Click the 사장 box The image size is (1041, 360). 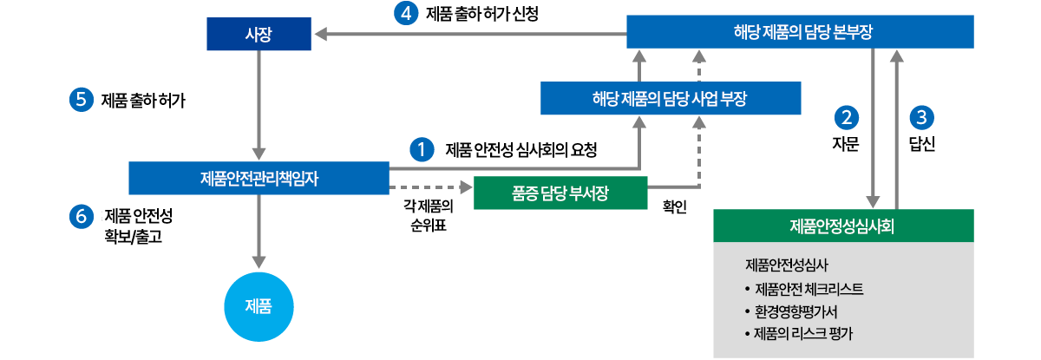pyautogui.click(x=259, y=35)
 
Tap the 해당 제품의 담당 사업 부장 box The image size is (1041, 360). pyautogui.click(x=670, y=98)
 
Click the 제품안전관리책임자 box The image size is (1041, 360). pyautogui.click(x=259, y=178)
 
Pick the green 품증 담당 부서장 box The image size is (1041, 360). pyautogui.click(x=560, y=193)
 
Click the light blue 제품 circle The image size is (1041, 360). pyautogui.click(x=259, y=305)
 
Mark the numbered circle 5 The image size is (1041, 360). pyautogui.click(x=81, y=100)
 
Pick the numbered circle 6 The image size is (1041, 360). pyautogui.click(x=81, y=217)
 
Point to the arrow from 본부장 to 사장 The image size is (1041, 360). pyautogui.click(x=468, y=35)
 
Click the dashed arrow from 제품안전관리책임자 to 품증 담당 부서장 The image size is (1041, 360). pyautogui.click(x=431, y=187)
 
